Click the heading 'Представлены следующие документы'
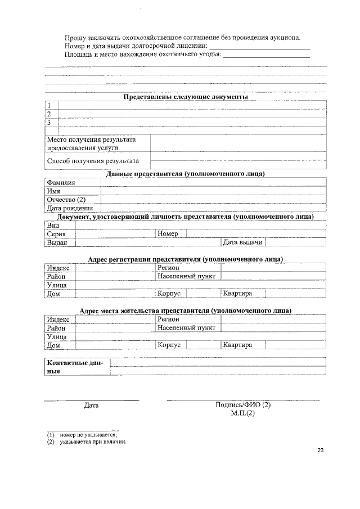coord(186,97)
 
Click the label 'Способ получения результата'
coord(92,160)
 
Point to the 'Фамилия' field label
coord(61,182)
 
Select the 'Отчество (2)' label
coord(66,199)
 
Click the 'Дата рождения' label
coord(70,208)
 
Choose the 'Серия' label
coord(56,233)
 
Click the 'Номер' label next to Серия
coord(168,233)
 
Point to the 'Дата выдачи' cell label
coord(243,242)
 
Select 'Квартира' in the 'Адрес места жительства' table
coord(237,345)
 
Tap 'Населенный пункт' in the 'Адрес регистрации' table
coord(186,276)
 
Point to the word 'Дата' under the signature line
coord(91,405)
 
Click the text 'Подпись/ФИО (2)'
coord(242,405)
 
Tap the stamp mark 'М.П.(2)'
coord(242,413)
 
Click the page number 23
coord(321,450)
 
